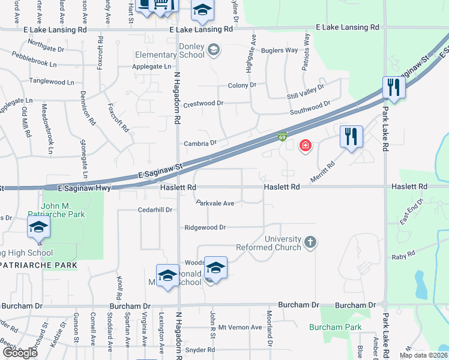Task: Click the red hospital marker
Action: point(305,146)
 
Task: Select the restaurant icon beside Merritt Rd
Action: point(351,137)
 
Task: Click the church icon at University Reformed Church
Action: point(310,242)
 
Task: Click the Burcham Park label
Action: point(336,327)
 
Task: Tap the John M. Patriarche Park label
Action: point(64,209)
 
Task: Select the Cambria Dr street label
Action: point(200,143)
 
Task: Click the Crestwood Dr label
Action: point(203,103)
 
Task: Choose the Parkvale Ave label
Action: point(215,203)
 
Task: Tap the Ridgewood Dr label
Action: point(205,227)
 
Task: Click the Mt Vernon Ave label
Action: point(240,327)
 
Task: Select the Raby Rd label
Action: point(403,255)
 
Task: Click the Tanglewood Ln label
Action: point(52,82)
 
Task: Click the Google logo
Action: point(19,352)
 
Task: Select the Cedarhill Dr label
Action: point(155,210)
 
